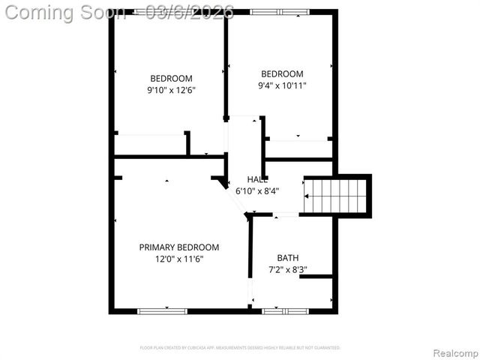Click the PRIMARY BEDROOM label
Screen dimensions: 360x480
pos(178,247)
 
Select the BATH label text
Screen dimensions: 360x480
pos(287,258)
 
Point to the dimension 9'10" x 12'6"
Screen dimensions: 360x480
pos(171,90)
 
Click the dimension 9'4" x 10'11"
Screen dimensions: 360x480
pos(282,85)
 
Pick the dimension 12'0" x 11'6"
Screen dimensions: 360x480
pos(178,259)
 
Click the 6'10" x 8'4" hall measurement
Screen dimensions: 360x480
pos(257,190)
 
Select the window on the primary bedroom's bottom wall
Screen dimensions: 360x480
pos(162,310)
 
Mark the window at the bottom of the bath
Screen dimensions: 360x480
pos(284,310)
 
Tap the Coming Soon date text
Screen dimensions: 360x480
pos(120,12)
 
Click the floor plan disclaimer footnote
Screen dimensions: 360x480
pos(240,348)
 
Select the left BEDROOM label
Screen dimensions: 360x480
pos(171,79)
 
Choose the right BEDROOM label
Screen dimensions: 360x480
pos(282,74)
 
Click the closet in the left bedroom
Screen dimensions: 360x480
pos(150,144)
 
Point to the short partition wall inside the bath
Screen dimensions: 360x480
pos(316,277)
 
